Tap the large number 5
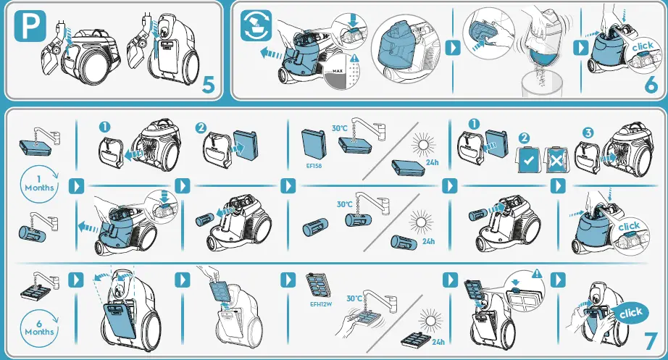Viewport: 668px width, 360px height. click(x=208, y=85)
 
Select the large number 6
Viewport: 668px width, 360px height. click(x=650, y=85)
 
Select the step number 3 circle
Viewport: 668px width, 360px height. click(x=587, y=133)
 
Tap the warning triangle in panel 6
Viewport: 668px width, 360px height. click(x=354, y=58)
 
